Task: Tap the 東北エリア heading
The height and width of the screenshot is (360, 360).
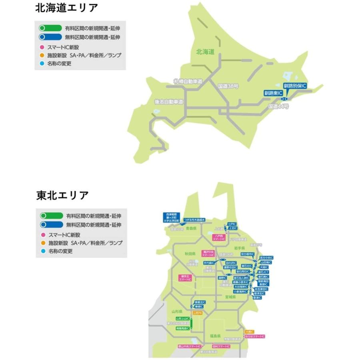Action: [62, 196]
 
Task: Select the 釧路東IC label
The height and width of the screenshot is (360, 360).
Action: [273, 93]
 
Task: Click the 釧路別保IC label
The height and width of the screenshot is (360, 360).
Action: [295, 86]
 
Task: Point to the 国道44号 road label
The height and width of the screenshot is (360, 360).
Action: [278, 106]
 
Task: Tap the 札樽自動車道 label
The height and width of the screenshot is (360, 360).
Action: [188, 81]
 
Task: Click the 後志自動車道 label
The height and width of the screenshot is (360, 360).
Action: [169, 102]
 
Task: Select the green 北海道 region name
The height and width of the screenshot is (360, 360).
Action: [206, 52]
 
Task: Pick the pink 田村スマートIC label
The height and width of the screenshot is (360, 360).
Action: [221, 346]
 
